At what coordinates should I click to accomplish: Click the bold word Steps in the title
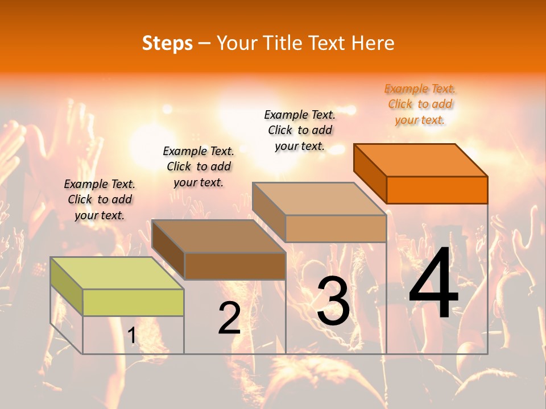click(167, 43)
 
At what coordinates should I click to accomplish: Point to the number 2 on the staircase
click(230, 319)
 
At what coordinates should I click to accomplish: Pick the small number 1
click(131, 336)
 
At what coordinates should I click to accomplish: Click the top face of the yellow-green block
click(117, 273)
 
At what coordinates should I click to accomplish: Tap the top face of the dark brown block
click(218, 236)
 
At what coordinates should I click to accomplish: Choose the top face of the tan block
click(319, 198)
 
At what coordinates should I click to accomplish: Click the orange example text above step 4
click(420, 105)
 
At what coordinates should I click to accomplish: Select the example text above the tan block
click(300, 130)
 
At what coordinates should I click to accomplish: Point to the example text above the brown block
click(198, 166)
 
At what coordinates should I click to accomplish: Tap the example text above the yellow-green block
click(100, 199)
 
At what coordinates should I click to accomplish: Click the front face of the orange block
click(437, 190)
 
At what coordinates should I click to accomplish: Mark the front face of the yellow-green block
click(133, 302)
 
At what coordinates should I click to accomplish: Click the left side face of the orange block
click(370, 173)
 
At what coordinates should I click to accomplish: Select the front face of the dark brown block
click(235, 266)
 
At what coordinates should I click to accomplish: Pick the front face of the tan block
click(336, 228)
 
